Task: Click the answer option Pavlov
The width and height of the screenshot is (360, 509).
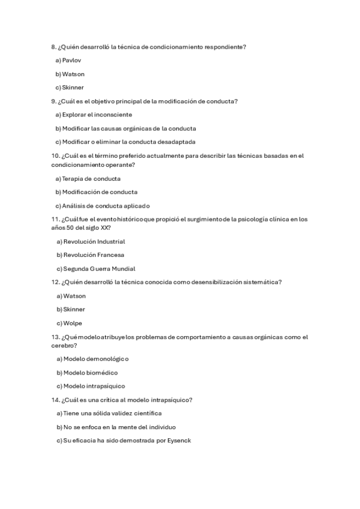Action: pyautogui.click(x=71, y=61)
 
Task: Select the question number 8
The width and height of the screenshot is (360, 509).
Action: pyautogui.click(x=53, y=47)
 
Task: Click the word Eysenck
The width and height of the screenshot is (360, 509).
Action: pyautogui.click(x=178, y=441)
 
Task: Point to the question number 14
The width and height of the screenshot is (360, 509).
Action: pyautogui.click(x=55, y=400)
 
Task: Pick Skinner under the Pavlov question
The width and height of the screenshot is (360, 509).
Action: pyautogui.click(x=73, y=88)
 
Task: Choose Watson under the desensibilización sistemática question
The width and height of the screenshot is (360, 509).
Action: pyautogui.click(x=74, y=296)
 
